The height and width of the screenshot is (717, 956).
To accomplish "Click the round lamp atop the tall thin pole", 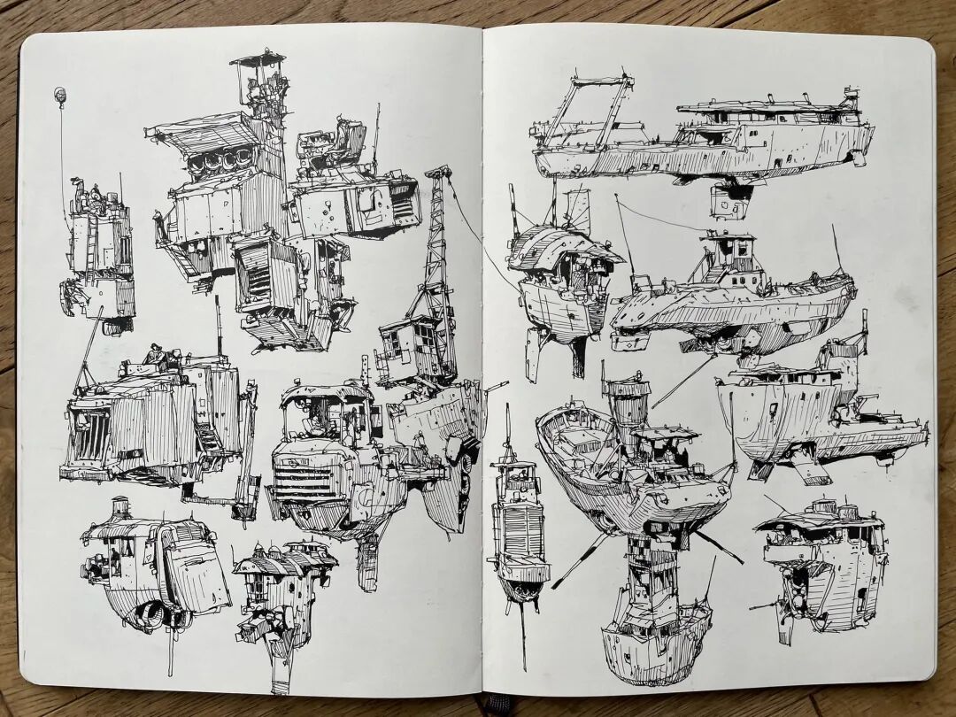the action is coord(60,93).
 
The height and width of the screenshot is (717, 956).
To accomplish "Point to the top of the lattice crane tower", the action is coord(437,172).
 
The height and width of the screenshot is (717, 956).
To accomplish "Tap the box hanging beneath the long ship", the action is coord(730,201).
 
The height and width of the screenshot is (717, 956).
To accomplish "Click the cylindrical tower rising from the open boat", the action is coord(625,408).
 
